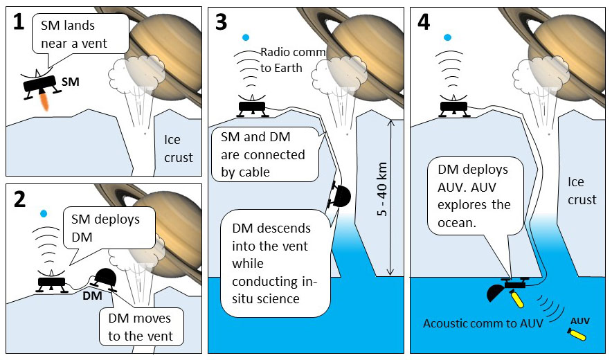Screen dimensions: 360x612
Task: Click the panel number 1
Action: (x=19, y=23)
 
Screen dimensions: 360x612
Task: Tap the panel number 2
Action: (x=19, y=200)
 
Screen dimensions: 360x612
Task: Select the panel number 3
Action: (x=221, y=23)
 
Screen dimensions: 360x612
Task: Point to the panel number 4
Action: (x=424, y=23)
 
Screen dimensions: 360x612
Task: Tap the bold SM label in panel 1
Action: (x=71, y=82)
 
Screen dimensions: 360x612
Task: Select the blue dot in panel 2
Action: (x=44, y=213)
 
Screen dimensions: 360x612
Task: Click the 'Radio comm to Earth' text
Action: (x=288, y=58)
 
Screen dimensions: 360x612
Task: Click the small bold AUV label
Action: (x=579, y=321)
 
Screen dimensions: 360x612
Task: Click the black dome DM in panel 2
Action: (x=108, y=278)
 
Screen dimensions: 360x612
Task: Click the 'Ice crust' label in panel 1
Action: (x=177, y=149)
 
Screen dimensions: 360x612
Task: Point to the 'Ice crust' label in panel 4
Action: (x=582, y=191)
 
